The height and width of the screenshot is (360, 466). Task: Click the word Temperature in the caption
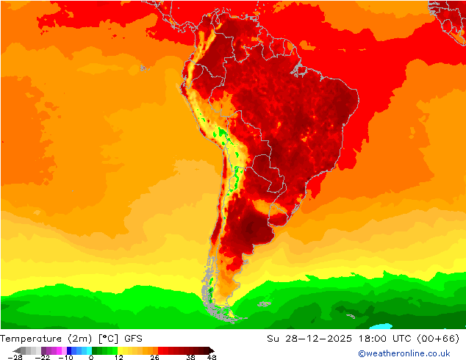(x=31, y=339)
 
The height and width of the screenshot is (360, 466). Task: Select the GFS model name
(x=133, y=339)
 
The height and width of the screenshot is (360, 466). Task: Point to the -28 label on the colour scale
(x=15, y=357)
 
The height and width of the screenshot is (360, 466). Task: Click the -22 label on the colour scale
(x=43, y=357)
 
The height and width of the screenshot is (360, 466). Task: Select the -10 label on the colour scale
(x=66, y=357)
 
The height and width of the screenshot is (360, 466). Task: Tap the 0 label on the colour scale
(x=91, y=357)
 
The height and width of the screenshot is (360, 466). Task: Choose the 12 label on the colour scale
(x=118, y=357)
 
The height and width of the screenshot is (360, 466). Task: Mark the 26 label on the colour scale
(x=154, y=357)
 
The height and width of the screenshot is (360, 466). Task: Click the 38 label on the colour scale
(x=190, y=357)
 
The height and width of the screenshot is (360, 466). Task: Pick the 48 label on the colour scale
(x=211, y=357)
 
